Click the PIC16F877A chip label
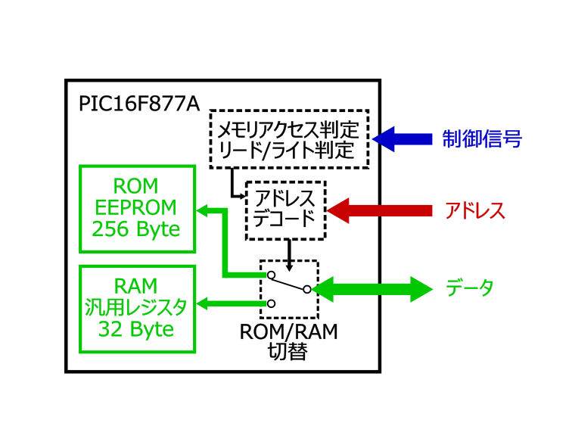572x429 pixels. point(135,102)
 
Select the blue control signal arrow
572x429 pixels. point(401,139)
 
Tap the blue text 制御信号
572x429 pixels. point(481,139)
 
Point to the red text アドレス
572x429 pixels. point(474,211)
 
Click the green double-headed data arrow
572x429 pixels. point(371,288)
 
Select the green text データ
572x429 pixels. point(469,288)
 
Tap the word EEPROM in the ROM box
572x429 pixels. point(136,207)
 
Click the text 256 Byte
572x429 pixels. point(136,229)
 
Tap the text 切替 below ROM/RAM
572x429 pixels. point(288,351)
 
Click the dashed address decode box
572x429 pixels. point(286,210)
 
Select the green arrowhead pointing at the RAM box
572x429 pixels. point(204,304)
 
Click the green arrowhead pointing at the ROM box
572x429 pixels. point(204,208)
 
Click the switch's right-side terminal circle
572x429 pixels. point(306,288)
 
